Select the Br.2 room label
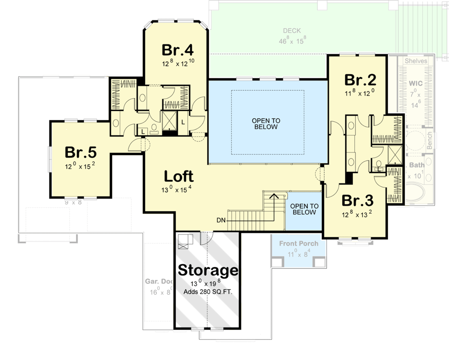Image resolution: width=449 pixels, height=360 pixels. click(360, 80)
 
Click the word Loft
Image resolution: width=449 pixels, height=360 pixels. click(179, 176)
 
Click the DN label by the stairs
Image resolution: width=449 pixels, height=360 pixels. click(221, 220)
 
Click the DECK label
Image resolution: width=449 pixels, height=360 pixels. click(292, 31)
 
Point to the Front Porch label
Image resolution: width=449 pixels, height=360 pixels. click(299, 243)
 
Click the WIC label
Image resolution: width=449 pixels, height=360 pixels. click(416, 83)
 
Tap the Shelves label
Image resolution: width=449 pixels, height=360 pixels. click(416, 61)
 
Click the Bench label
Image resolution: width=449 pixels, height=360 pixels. click(430, 140)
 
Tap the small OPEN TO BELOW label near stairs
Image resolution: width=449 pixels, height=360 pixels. click(304, 209)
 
